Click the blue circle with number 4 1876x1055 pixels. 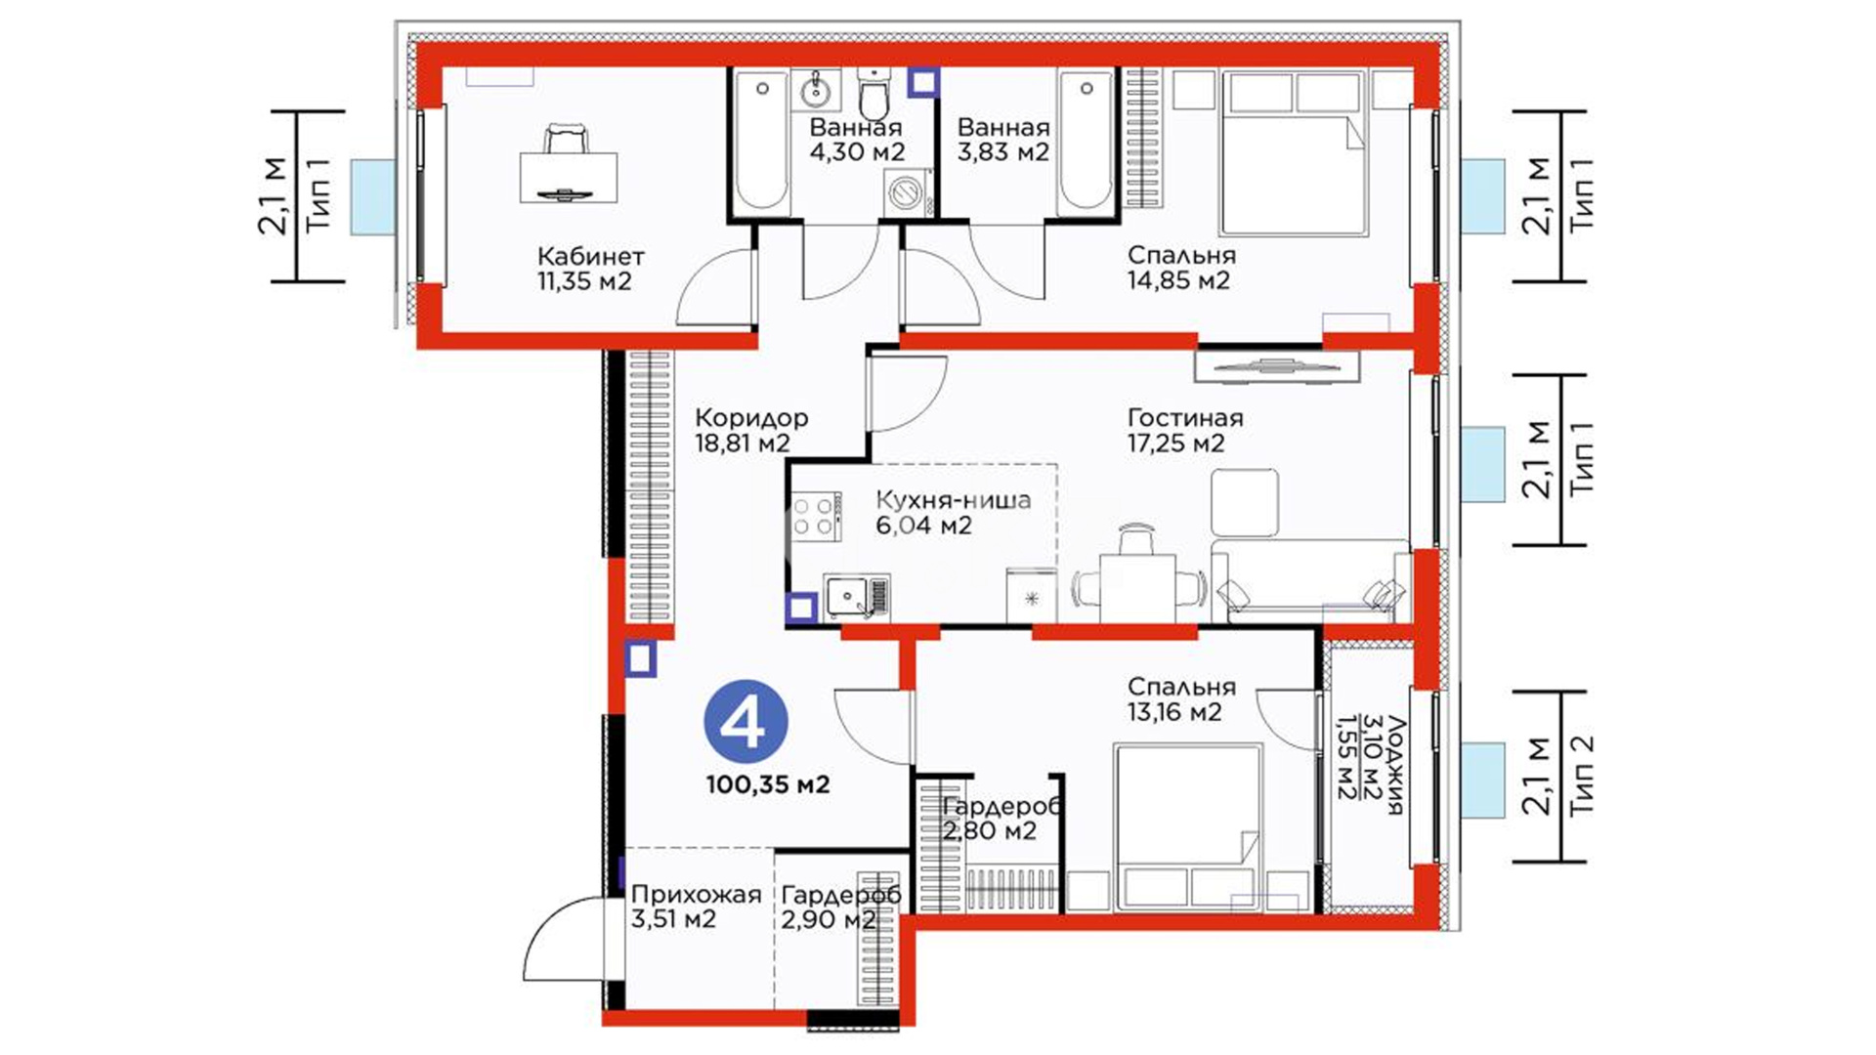746,724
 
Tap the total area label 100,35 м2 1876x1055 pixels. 768,784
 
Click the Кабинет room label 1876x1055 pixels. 591,257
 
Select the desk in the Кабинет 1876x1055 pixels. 569,176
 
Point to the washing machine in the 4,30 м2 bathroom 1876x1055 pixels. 907,191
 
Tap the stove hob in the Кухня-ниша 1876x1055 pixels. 813,517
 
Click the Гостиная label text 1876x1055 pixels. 1185,418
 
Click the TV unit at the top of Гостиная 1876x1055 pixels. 1276,366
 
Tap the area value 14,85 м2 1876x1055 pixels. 1178,281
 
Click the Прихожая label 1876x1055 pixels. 696,895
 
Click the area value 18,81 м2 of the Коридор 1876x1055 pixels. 743,443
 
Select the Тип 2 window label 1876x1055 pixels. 1581,775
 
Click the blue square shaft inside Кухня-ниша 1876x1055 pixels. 801,608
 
